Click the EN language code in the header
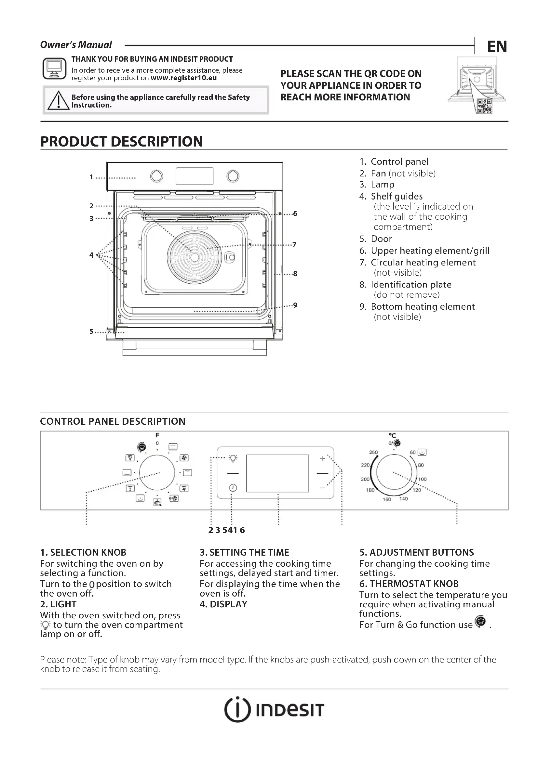point(497,47)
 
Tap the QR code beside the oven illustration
point(484,106)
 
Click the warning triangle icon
point(58,100)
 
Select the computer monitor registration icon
point(54,69)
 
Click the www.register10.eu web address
point(183,78)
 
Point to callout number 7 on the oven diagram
point(294,245)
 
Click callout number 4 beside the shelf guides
point(91,255)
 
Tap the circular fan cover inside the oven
point(195,257)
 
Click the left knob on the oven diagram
point(156,176)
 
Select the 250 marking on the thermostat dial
point(373,452)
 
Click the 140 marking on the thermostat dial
point(403,498)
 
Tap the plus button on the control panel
point(322,458)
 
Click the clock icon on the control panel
point(233,488)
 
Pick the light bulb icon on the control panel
point(233,458)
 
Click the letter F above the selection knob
point(157,435)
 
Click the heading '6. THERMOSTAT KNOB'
point(409,584)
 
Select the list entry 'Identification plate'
point(411,285)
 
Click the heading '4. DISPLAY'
point(223,604)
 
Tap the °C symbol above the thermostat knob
point(392,436)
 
